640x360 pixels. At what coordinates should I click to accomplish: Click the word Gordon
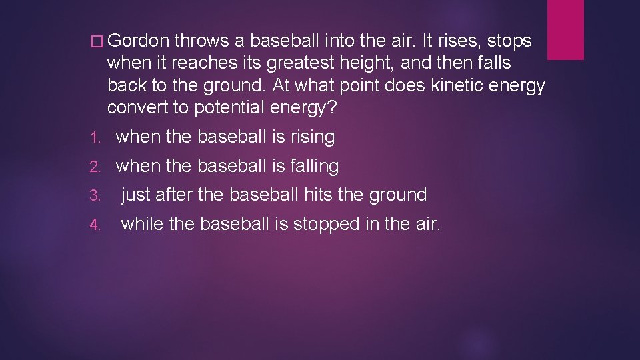click(138, 41)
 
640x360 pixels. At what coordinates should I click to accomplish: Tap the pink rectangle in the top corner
click(565, 29)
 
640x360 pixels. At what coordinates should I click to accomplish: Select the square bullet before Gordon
click(99, 42)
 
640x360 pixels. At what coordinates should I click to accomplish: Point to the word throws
click(201, 41)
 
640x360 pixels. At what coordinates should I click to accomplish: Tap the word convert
click(137, 108)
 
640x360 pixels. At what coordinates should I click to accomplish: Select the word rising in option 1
click(313, 137)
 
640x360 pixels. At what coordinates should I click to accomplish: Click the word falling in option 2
click(315, 166)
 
